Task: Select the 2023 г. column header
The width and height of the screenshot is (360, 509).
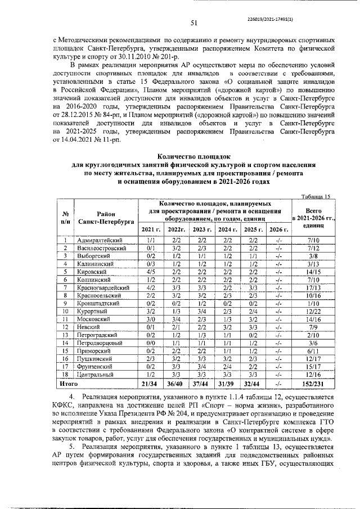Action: (201, 229)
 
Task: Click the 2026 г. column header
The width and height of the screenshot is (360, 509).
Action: (278, 229)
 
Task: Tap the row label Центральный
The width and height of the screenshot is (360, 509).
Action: (97, 373)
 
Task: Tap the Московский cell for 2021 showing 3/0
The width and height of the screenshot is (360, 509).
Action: (150, 318)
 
